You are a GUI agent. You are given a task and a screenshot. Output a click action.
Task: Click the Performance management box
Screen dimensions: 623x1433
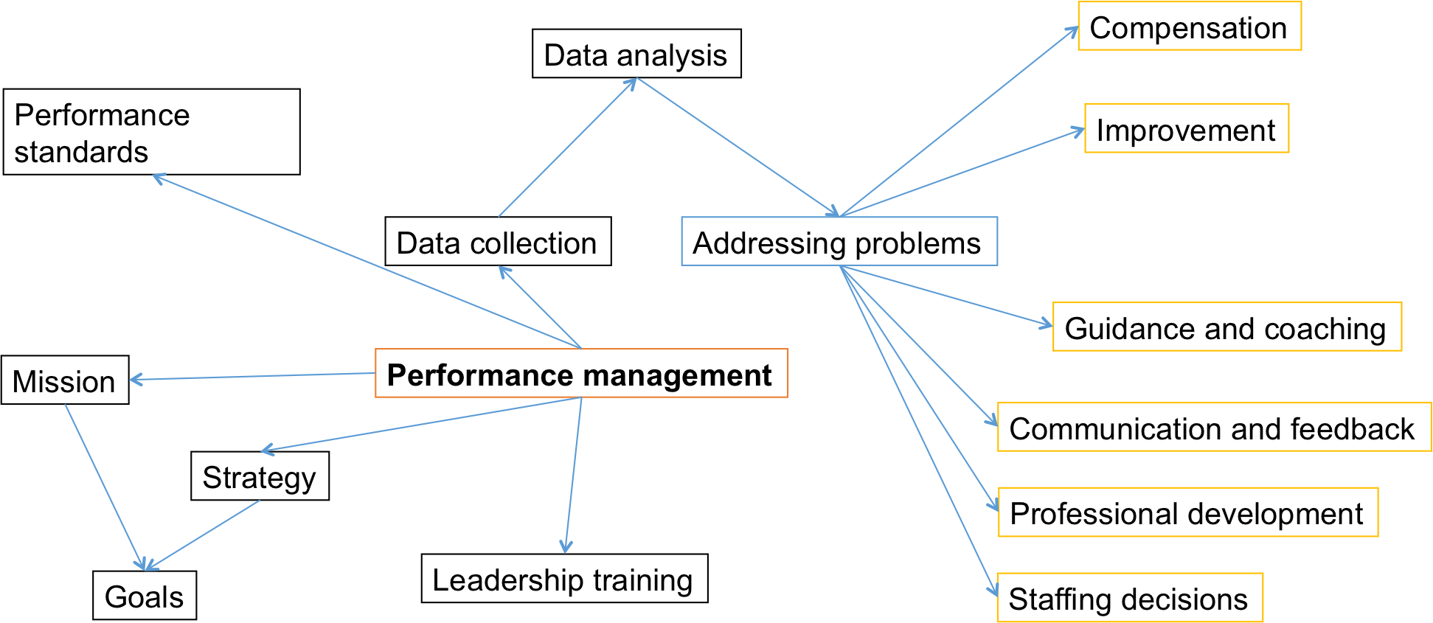(581, 374)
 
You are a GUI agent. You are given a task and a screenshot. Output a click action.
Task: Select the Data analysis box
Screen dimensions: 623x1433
(636, 54)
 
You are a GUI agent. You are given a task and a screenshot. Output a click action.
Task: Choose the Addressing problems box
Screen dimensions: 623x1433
(839, 242)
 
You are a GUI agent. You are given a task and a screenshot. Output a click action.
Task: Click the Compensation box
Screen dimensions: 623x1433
(1189, 27)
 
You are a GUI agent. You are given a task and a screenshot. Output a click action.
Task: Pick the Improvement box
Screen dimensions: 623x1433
(1186, 129)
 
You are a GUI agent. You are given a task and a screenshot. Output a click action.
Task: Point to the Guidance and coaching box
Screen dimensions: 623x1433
(1226, 327)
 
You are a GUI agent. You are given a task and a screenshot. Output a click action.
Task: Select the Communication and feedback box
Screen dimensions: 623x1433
(1213, 428)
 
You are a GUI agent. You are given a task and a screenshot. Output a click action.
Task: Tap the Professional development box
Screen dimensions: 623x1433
(1187, 512)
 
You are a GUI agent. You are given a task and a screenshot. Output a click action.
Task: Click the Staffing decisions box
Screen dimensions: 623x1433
(1128, 598)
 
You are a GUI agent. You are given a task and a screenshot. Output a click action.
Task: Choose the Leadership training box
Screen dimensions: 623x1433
(564, 579)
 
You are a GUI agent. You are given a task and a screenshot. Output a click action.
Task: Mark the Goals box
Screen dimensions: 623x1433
(145, 596)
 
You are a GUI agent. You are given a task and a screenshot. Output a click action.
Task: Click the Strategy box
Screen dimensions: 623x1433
(260, 476)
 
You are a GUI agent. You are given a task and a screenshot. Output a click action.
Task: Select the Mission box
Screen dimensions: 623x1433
(65, 380)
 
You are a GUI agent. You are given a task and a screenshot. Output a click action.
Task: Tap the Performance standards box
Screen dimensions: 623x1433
(151, 132)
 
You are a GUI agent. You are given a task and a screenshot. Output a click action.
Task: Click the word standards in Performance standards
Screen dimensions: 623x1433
(81, 152)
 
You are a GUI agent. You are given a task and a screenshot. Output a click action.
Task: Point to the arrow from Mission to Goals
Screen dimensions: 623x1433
(105, 487)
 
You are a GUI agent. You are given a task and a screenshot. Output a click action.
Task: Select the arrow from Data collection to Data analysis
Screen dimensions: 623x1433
(566, 148)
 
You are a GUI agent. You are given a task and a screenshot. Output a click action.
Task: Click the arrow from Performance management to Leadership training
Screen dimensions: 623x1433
(574, 476)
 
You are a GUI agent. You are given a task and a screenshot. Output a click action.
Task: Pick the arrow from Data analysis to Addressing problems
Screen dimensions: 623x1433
(738, 147)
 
